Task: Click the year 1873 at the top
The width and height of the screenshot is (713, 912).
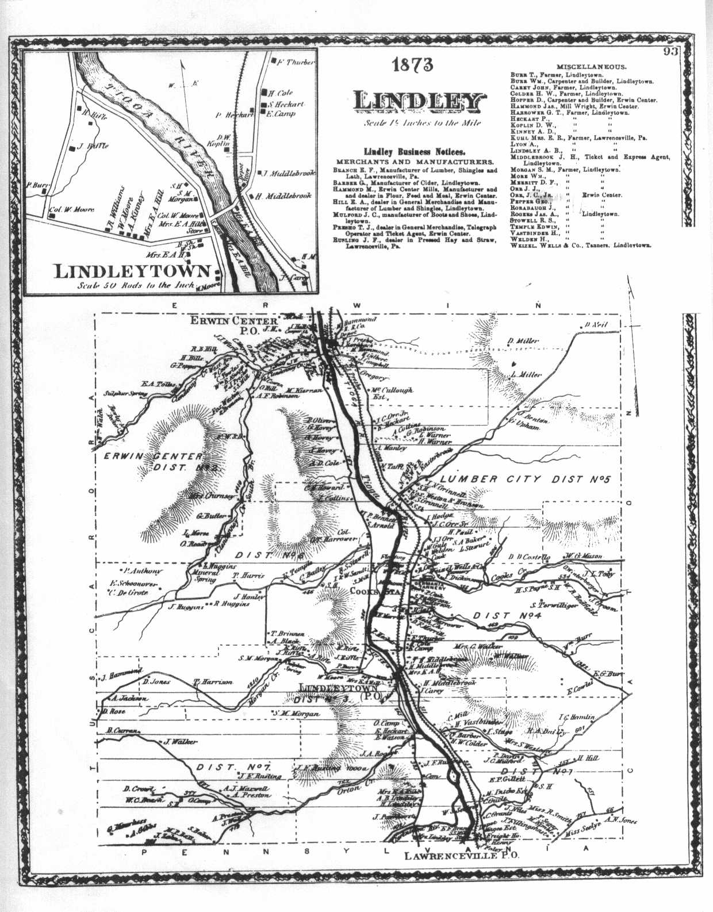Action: point(413,65)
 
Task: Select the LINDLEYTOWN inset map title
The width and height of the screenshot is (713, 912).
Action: point(132,271)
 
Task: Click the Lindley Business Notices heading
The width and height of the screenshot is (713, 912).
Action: point(414,152)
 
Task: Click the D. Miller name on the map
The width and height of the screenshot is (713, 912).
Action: point(523,341)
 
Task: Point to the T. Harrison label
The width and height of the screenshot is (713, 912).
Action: point(213,681)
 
